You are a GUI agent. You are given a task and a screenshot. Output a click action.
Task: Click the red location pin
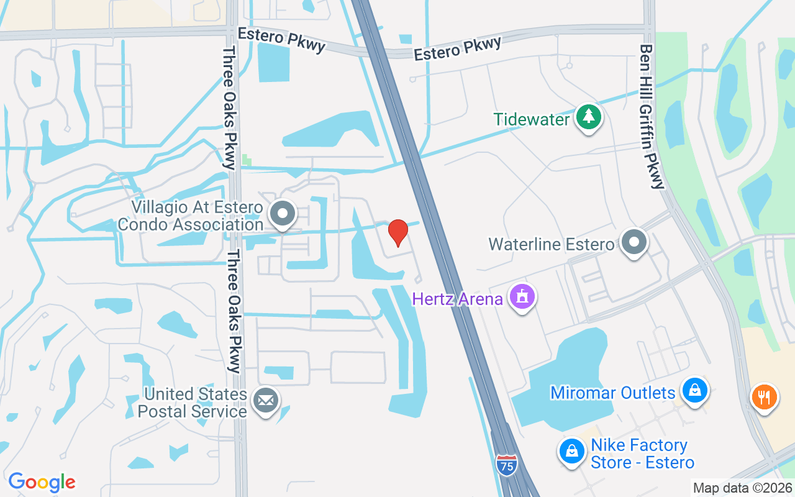pos(398,232)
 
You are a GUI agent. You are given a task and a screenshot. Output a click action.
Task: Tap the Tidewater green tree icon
pos(589,117)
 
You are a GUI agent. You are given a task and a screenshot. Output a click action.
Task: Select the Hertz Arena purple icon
pos(522,297)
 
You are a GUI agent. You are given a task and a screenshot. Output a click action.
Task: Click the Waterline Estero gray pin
pos(634,242)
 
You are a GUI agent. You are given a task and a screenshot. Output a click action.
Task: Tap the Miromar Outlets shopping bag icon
pos(694,391)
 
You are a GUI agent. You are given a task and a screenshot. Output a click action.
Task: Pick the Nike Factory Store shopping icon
pos(571,452)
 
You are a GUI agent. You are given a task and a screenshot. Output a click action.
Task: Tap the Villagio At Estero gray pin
pos(283,214)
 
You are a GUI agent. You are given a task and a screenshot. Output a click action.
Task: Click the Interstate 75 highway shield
pos(507,465)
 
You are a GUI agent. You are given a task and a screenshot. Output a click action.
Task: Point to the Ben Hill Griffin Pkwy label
pos(652,116)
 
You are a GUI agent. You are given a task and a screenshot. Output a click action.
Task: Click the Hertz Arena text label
pos(458,299)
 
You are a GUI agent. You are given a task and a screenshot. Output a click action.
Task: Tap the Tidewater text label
pos(532,119)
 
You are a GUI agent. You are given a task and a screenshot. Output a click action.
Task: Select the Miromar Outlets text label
pos(612,393)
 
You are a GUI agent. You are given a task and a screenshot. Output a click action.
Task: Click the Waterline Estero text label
pos(551,244)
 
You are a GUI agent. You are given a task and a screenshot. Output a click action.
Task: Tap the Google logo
pos(42,482)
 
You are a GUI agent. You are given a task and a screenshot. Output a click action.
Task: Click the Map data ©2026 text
pos(742,488)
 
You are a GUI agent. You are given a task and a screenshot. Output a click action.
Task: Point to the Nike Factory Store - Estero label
pos(642,454)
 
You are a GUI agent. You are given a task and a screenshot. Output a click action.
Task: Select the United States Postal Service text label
pos(195,403)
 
